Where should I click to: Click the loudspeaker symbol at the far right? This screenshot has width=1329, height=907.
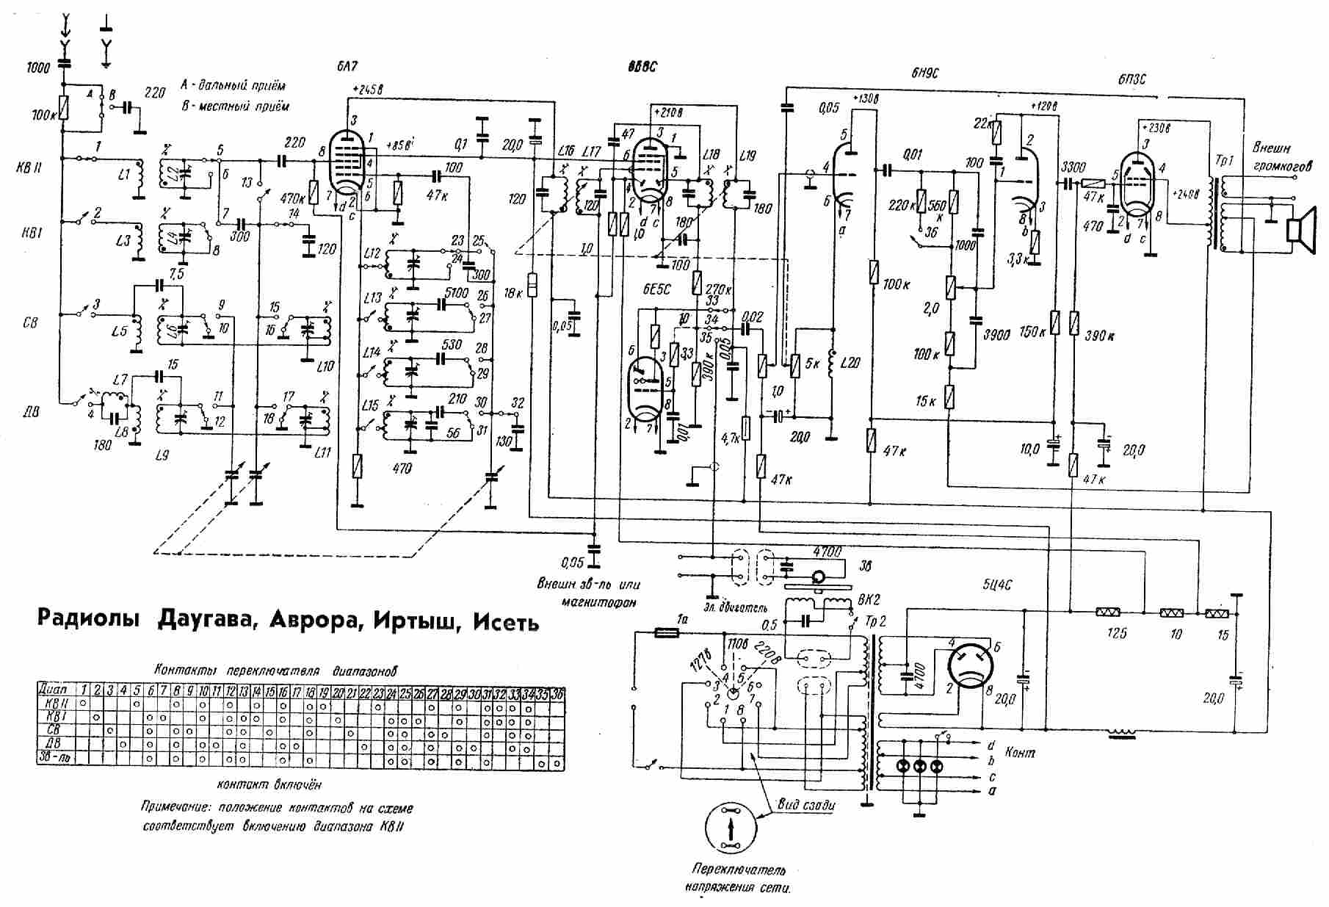click(x=1300, y=224)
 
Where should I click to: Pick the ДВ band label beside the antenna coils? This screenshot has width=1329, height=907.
click(x=30, y=413)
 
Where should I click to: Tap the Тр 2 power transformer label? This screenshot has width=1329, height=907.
click(x=876, y=621)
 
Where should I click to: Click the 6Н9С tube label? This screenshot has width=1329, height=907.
click(x=924, y=72)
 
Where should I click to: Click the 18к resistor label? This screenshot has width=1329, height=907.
click(x=515, y=292)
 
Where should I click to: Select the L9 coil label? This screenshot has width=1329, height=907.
click(x=162, y=455)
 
